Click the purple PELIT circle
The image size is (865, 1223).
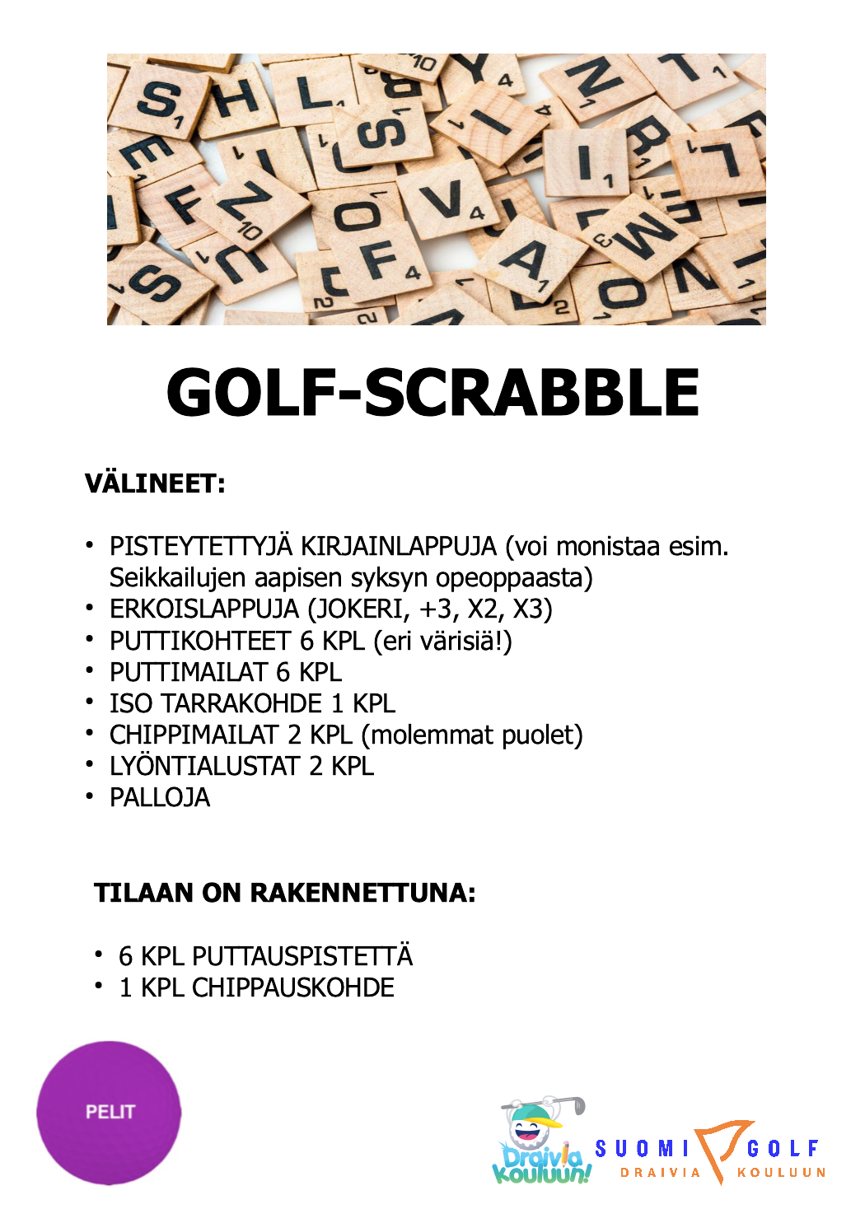click(x=109, y=1113)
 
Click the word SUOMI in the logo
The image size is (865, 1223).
click(x=642, y=1148)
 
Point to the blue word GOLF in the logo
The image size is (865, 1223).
click(x=783, y=1148)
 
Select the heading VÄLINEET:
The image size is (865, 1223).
click(x=155, y=483)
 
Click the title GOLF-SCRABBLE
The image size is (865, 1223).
click(x=432, y=393)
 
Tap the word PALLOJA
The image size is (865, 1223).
click(x=160, y=797)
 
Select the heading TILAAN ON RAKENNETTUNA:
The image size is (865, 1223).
click(x=285, y=893)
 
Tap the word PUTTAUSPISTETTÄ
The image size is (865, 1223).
click(x=302, y=956)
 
